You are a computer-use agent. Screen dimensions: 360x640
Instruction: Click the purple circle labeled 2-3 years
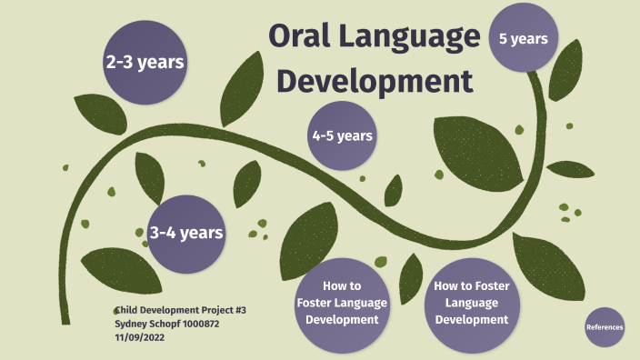coord(145,62)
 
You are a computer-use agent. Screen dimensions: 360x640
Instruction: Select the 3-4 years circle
coord(186,233)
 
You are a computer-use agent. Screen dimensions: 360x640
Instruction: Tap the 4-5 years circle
coord(342,135)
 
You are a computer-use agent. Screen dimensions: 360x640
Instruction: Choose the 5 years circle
coord(523,38)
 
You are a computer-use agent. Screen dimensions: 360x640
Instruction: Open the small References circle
coord(605,326)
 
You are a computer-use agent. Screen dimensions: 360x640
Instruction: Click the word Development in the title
coord(375,80)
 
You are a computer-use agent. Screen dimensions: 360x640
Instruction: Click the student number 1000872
coord(198,324)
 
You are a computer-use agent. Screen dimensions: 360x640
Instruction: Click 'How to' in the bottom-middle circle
coord(341,285)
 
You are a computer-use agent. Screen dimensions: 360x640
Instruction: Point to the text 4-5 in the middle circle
coord(325,135)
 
